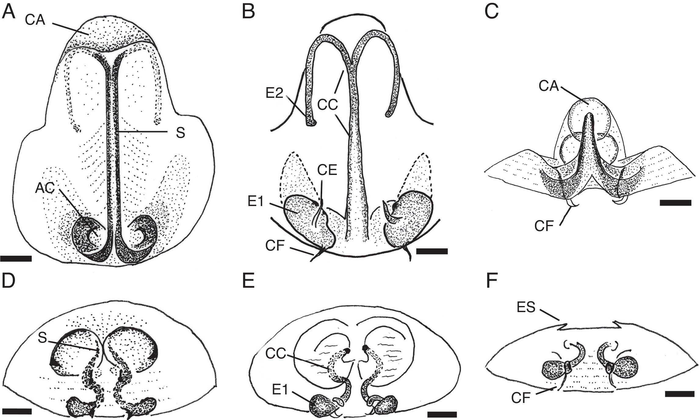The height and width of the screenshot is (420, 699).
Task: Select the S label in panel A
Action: (180, 133)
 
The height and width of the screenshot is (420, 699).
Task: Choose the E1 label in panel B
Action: (256, 201)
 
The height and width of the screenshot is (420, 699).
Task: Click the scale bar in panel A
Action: (16, 259)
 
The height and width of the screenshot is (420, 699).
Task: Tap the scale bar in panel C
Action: (675, 203)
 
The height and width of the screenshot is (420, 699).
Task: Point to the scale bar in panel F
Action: (679, 403)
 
